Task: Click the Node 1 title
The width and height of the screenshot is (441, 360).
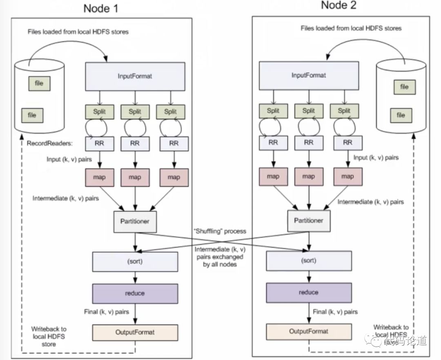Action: [101, 9]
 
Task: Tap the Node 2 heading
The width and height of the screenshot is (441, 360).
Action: [339, 5]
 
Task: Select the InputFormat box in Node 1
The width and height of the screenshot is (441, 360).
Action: [135, 76]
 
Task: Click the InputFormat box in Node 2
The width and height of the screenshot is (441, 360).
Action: [309, 76]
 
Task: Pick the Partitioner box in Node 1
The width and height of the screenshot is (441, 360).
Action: [135, 222]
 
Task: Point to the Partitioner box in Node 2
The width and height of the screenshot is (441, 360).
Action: [309, 221]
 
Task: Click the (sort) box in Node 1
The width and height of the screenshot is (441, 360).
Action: [135, 262]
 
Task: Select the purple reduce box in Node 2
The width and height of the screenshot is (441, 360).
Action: [309, 293]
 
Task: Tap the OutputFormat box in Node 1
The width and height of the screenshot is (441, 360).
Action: [135, 333]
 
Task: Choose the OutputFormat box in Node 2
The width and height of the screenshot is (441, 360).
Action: [309, 331]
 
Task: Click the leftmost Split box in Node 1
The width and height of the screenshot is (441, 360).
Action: [100, 112]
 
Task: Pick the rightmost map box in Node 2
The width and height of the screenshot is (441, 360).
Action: [348, 177]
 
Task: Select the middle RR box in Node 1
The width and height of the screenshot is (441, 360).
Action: [135, 144]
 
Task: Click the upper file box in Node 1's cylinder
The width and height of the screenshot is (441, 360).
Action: [39, 83]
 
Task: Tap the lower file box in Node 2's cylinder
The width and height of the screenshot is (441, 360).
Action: [401, 115]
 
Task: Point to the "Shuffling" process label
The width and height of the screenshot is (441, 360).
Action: [220, 231]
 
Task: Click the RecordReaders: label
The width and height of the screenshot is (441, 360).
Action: [50, 143]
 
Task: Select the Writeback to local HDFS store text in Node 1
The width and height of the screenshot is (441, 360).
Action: [49, 336]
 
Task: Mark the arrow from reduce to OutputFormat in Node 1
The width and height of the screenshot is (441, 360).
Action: [135, 314]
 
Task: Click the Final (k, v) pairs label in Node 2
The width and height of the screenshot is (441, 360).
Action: [335, 312]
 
